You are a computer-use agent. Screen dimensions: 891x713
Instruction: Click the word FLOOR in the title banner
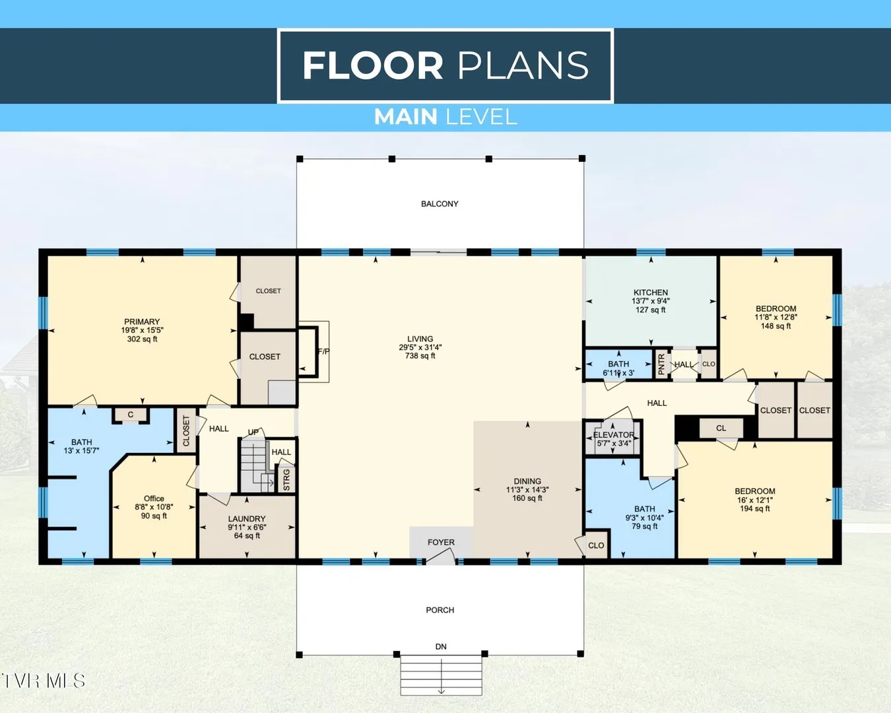click(373, 65)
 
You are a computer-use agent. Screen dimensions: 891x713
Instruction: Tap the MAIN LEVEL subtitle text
click(445, 117)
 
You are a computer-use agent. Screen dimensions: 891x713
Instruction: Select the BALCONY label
click(440, 204)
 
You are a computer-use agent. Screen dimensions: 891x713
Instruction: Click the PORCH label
click(440, 610)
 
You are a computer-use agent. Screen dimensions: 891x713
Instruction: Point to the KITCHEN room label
click(651, 292)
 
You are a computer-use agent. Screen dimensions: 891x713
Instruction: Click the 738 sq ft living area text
click(420, 355)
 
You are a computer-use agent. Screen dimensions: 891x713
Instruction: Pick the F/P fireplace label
click(323, 352)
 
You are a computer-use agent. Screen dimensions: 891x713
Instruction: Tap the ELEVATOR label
click(614, 434)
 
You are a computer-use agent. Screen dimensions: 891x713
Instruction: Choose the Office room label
click(154, 498)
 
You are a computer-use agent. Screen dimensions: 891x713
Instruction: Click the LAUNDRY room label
click(247, 519)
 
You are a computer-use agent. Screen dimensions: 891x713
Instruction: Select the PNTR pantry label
click(661, 364)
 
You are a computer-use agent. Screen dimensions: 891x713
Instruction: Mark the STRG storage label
click(286, 479)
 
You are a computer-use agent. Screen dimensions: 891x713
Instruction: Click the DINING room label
click(527, 481)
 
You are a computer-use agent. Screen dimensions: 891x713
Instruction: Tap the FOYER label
click(441, 542)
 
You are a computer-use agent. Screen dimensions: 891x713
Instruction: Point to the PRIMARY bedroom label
click(142, 322)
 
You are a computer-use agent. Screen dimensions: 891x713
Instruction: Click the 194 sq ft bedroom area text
click(755, 508)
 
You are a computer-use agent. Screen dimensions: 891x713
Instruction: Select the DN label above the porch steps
click(441, 646)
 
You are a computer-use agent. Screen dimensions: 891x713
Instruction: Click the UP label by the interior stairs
click(253, 432)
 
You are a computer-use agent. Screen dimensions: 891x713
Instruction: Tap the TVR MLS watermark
click(43, 681)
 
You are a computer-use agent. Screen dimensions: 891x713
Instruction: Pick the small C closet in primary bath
click(131, 415)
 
